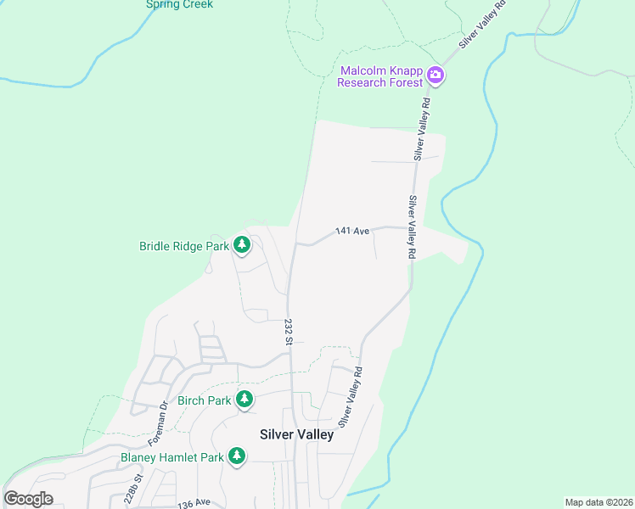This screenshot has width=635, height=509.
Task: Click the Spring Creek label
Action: (x=179, y=4)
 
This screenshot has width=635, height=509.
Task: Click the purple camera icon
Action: (x=436, y=76)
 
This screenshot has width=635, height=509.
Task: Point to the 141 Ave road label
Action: (x=352, y=231)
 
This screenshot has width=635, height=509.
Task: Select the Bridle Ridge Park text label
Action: (x=184, y=247)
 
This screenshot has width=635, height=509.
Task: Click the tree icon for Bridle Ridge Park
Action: (x=243, y=246)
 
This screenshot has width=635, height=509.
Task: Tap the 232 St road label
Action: (x=289, y=331)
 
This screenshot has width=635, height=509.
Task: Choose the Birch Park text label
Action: (x=204, y=400)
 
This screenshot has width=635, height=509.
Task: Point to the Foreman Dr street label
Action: (x=159, y=425)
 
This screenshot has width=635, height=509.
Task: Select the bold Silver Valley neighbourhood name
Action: (x=296, y=433)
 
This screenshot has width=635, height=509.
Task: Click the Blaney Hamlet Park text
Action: (x=171, y=457)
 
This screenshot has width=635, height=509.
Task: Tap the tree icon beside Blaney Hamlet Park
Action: (x=237, y=457)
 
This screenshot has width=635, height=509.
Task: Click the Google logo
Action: (x=29, y=499)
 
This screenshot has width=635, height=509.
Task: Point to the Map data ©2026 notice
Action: (x=598, y=502)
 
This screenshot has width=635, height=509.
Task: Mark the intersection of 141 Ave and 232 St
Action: (x=295, y=244)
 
